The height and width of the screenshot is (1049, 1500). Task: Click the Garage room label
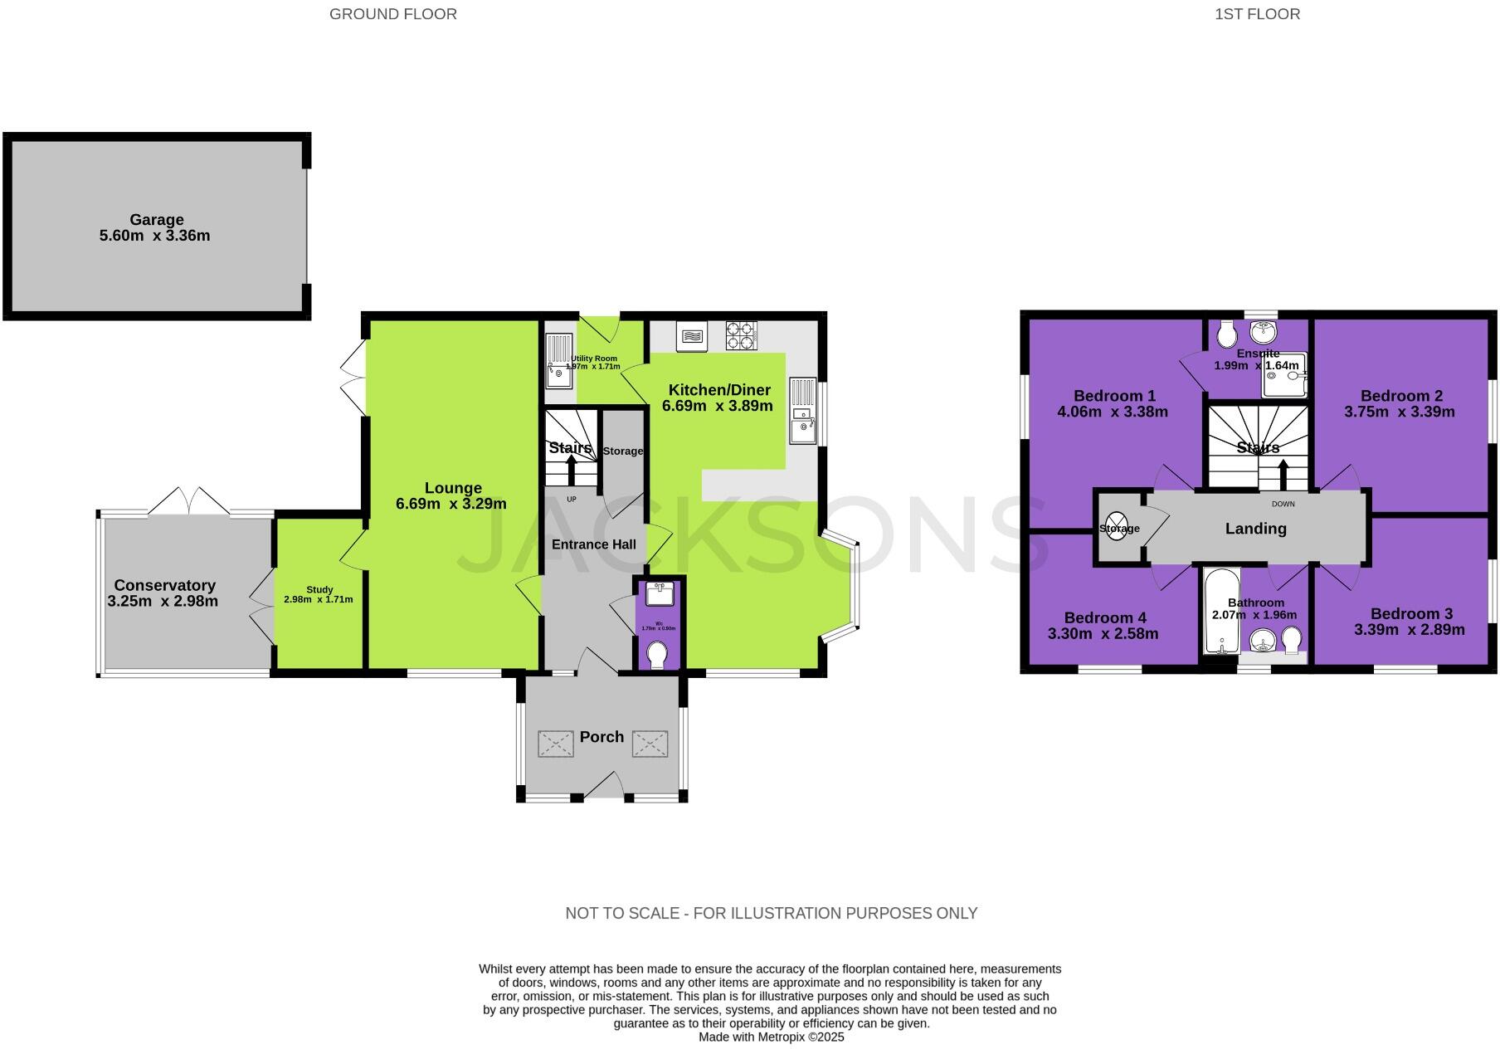click(156, 220)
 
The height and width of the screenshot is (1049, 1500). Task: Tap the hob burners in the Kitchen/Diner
click(741, 335)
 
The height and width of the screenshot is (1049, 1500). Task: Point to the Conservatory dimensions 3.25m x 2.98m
click(163, 601)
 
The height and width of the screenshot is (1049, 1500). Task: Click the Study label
click(319, 590)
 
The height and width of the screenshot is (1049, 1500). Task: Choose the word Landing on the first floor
click(1255, 529)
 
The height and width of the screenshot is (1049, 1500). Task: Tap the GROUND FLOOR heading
click(392, 14)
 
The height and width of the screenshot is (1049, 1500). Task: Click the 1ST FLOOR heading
click(1257, 14)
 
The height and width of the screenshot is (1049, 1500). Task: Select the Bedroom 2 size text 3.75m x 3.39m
click(1399, 412)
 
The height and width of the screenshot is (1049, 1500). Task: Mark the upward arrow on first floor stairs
click(1283, 475)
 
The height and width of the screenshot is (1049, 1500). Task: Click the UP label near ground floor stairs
click(571, 500)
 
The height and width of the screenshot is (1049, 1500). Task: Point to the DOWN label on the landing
click(1283, 504)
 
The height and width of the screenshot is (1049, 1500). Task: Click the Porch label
click(601, 737)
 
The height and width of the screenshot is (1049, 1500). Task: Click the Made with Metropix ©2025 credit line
click(771, 1037)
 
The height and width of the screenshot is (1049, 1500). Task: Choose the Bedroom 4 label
click(1104, 617)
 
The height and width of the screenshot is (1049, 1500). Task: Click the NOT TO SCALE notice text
click(771, 913)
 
